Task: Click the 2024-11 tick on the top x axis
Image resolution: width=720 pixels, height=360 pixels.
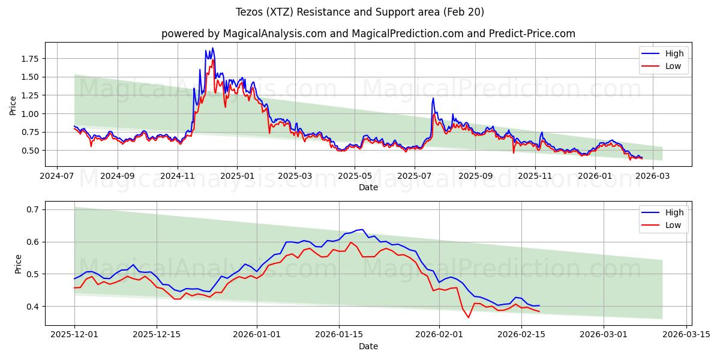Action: click(x=177, y=176)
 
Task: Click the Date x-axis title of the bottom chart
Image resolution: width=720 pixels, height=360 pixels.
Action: click(x=368, y=346)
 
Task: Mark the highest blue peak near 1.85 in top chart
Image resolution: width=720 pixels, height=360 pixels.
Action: click(x=212, y=48)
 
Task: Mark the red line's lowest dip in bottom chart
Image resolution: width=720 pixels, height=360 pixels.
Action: click(x=469, y=317)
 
